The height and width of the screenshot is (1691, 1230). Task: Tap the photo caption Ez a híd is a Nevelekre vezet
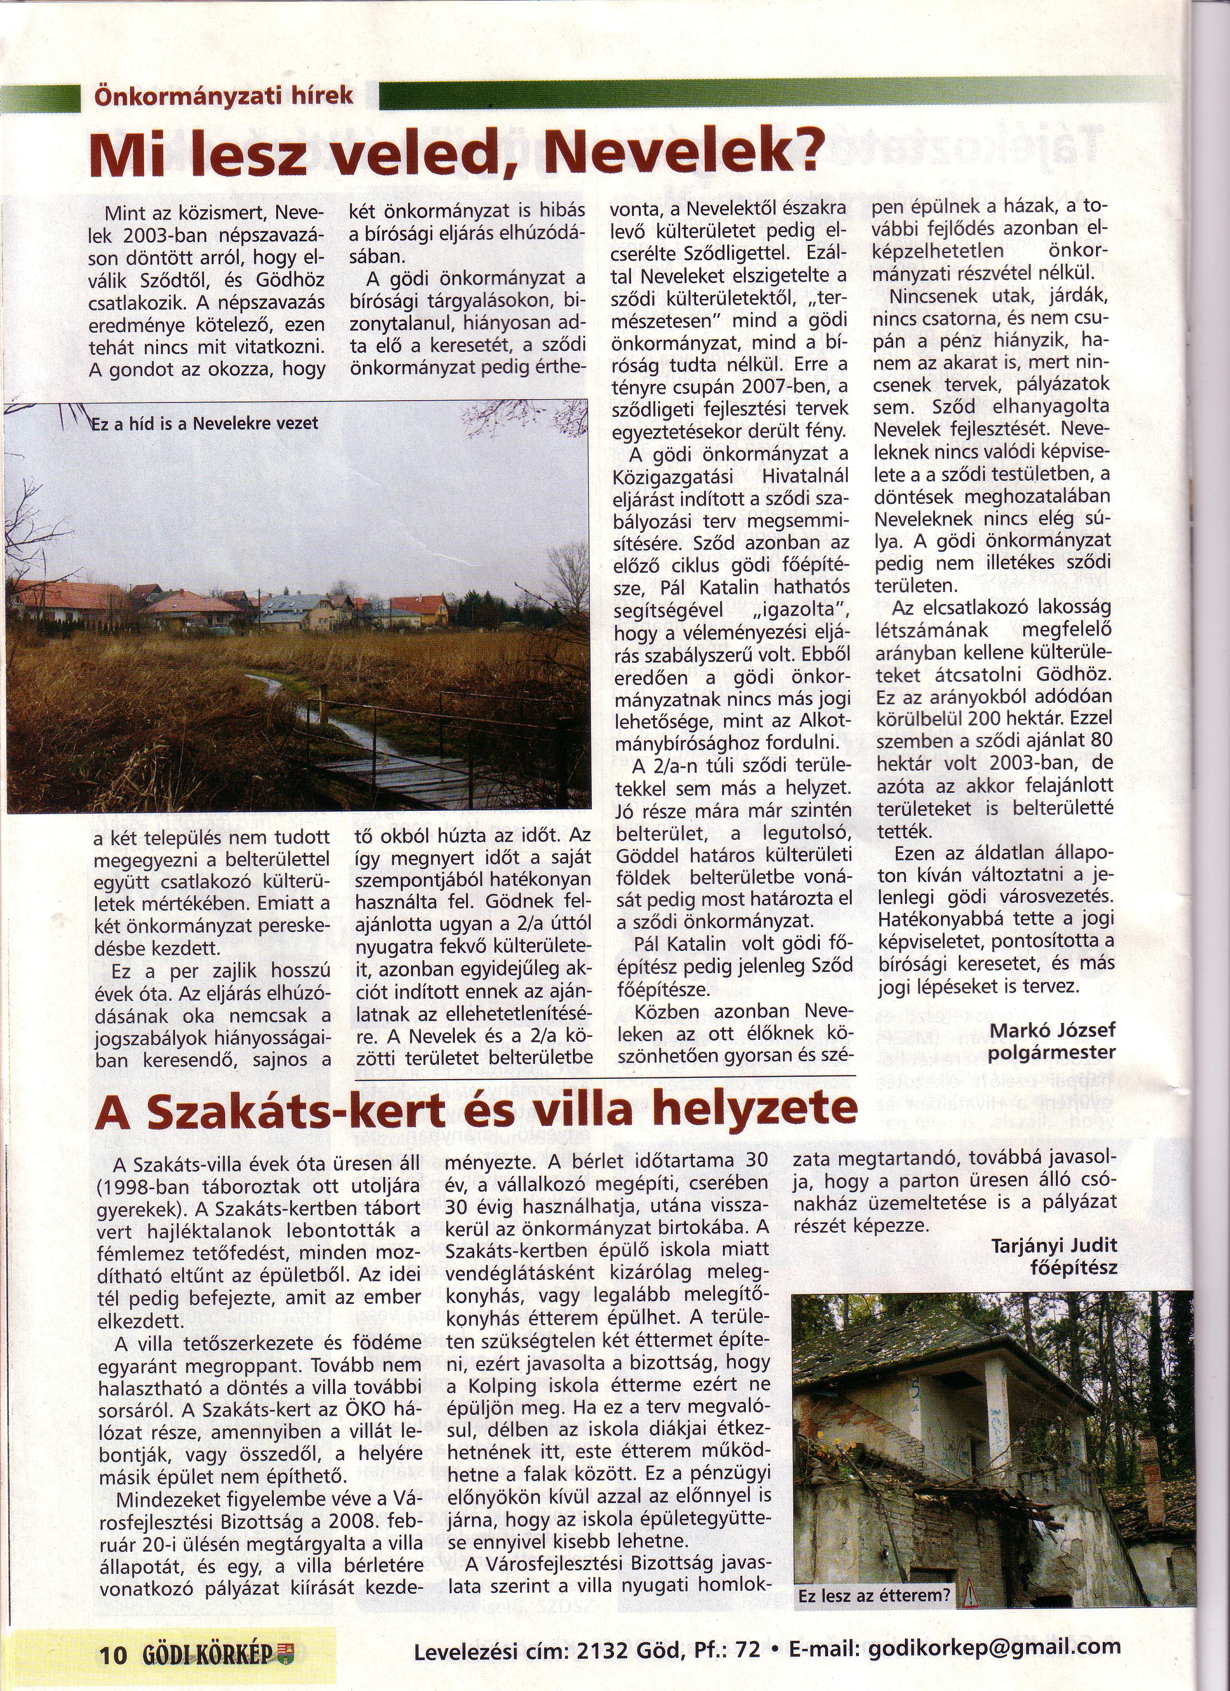pos(205,424)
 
